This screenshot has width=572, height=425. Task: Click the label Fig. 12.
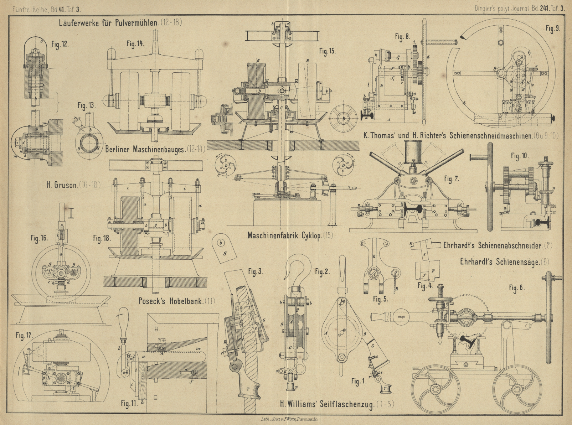coord(60,44)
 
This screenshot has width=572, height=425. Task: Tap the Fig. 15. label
coord(328,51)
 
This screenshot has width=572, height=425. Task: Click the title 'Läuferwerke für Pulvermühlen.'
coord(109,23)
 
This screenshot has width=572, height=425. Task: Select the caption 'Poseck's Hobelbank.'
coord(171,301)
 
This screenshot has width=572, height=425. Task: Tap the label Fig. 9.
coord(553,28)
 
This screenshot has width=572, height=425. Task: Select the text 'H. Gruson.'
coord(62,185)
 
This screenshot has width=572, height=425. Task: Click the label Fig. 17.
coord(24,335)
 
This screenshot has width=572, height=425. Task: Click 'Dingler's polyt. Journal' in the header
coord(502,9)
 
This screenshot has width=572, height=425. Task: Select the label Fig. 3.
coord(256,272)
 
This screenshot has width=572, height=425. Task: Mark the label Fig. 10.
coord(520,156)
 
